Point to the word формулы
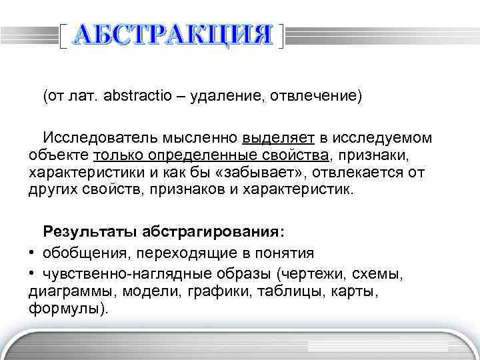(x=65, y=309)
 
